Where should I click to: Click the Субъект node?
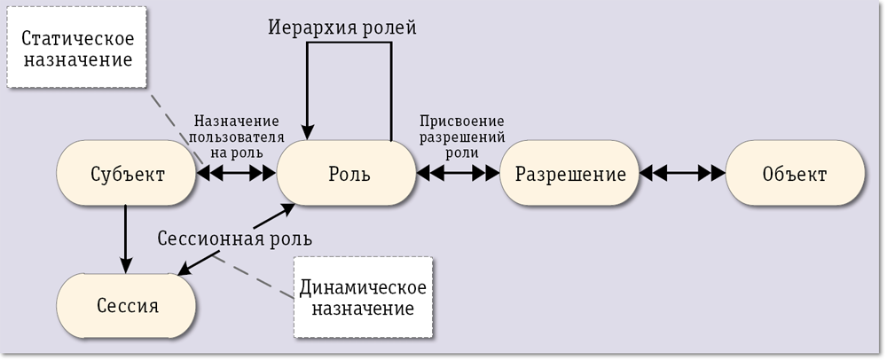point(127,175)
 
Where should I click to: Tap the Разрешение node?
point(570,175)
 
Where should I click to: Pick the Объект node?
point(795,175)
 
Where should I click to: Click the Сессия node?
point(127,307)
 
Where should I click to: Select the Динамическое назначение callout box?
point(364,299)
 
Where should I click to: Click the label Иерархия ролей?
point(341,27)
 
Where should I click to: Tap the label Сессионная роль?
point(234,239)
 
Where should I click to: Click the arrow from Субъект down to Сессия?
point(127,235)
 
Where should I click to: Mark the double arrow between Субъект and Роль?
point(236,175)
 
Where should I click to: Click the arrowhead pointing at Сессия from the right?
point(177,270)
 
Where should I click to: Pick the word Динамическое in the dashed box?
point(364,287)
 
